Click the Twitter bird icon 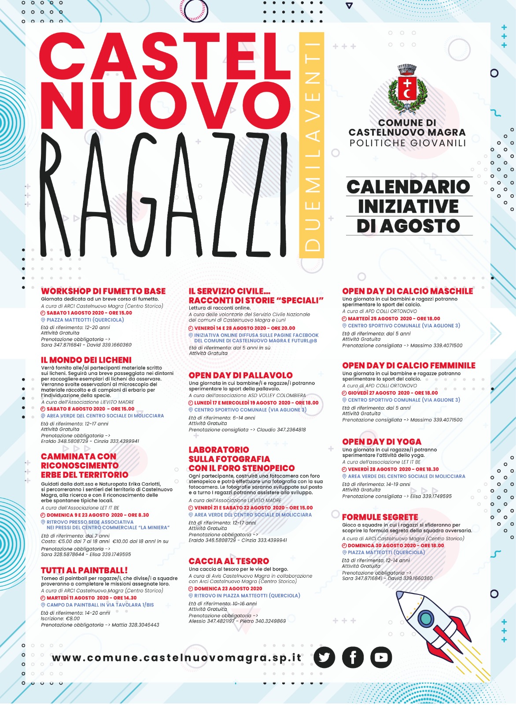tap(324, 657)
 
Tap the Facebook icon tap(353, 657)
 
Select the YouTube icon tap(381, 657)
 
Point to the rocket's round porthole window tap(426, 618)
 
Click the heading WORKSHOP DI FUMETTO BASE tap(103, 291)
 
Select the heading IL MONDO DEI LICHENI tap(86, 360)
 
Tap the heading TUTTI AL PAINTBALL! tap(85, 570)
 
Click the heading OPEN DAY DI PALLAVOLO tap(240, 375)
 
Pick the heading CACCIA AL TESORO tap(229, 561)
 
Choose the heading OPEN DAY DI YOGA tap(382, 442)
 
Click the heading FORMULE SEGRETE tap(380, 517)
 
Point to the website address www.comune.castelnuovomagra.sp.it tap(177, 658)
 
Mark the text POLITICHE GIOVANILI tap(408, 143)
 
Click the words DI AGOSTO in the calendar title tap(409, 226)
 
